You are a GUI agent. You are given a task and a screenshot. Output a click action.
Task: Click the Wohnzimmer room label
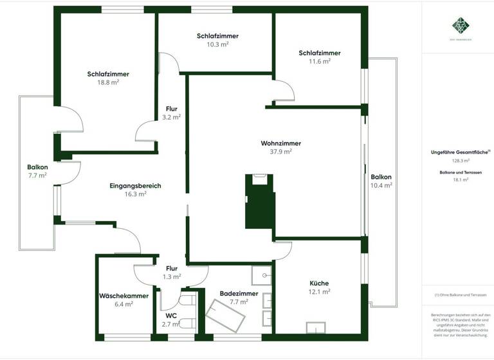click(281, 143)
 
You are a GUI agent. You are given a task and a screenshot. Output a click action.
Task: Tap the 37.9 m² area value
click(281, 152)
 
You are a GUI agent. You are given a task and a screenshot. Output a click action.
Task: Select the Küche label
click(319, 282)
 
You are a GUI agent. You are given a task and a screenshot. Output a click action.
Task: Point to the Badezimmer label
click(239, 293)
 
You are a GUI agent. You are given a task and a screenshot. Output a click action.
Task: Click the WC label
click(171, 316)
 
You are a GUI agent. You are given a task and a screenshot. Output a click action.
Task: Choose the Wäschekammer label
click(123, 296)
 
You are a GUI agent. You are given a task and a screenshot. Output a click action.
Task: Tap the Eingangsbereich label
click(135, 186)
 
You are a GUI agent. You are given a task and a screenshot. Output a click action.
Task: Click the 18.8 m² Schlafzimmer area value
click(108, 82)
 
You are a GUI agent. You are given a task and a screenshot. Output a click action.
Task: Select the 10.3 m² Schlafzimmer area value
click(218, 44)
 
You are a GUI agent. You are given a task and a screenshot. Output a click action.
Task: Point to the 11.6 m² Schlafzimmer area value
click(319, 61)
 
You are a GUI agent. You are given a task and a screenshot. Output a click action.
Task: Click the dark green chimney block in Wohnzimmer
click(260, 204)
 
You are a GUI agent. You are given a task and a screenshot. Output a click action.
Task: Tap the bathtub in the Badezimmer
click(226, 314)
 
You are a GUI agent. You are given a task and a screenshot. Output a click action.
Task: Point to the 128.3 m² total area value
click(461, 161)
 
